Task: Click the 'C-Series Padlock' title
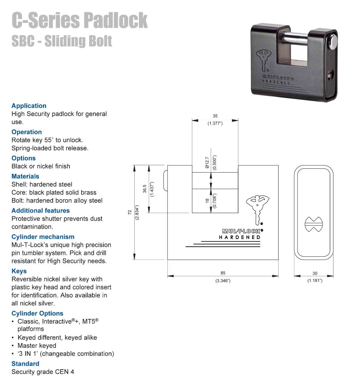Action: point(80,20)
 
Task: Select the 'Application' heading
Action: point(29,105)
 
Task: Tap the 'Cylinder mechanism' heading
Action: point(43,236)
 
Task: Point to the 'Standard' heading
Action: point(26,364)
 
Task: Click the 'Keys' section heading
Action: point(19,271)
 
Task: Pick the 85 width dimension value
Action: point(223,273)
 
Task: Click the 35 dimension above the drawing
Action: point(215,116)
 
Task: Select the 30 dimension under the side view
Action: point(315,273)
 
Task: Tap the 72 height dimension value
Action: point(130,212)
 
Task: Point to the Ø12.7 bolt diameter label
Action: point(207,162)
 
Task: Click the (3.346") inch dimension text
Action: point(223,281)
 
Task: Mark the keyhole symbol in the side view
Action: point(314,224)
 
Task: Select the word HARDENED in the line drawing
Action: point(239,237)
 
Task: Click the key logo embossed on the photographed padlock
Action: point(264,60)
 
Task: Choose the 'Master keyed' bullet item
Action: point(37,345)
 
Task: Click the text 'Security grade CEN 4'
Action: point(43,372)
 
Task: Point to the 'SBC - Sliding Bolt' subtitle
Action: point(62,41)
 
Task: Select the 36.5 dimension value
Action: point(145,189)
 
